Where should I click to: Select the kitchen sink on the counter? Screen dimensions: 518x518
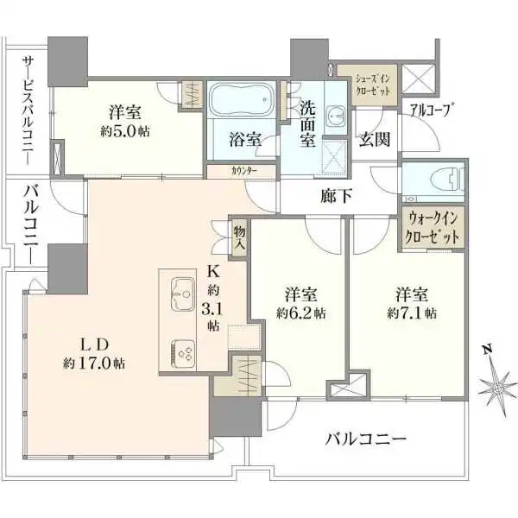pyautogui.click(x=184, y=294)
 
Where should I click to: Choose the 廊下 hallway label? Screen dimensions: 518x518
pyautogui.click(x=336, y=196)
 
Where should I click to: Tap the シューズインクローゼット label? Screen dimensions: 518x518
pyautogui.click(x=374, y=85)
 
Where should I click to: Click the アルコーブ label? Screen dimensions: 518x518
pyautogui.click(x=432, y=109)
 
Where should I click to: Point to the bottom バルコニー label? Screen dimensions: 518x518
pyautogui.click(x=365, y=439)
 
